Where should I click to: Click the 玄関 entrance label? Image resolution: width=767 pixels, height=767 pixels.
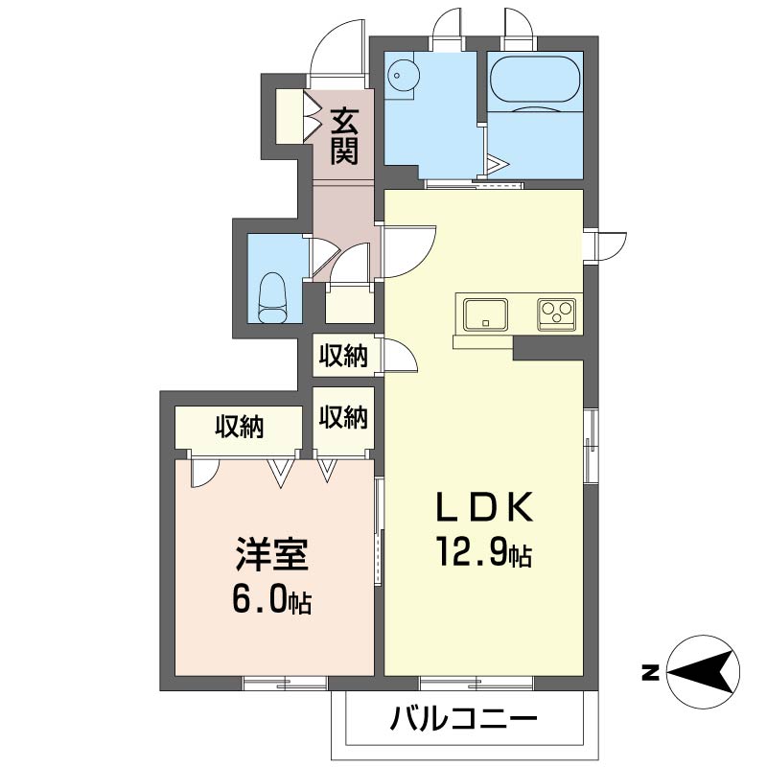tap(344, 136)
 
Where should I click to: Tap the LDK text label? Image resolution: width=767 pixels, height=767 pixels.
tap(484, 507)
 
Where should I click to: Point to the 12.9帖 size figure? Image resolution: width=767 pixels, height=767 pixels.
tap(484, 550)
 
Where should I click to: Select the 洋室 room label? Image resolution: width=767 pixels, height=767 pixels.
tap(272, 554)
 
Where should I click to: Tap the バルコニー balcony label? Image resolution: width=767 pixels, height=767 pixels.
tap(463, 718)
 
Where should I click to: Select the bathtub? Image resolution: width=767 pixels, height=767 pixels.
tap(535, 80)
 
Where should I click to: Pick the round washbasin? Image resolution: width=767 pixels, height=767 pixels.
tap(403, 76)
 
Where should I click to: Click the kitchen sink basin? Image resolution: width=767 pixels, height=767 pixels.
tap(486, 314)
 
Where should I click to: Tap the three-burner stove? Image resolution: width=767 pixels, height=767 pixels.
tap(556, 314)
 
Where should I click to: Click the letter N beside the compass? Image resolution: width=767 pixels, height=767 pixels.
tap(649, 673)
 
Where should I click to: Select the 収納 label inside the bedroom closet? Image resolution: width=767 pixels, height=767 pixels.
tap(240, 427)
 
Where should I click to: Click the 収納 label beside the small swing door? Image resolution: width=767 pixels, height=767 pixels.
tap(343, 356)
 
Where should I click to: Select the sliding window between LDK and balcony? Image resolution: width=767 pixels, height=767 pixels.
tap(476, 683)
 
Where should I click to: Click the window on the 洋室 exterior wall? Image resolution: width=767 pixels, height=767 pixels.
tap(286, 683)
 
